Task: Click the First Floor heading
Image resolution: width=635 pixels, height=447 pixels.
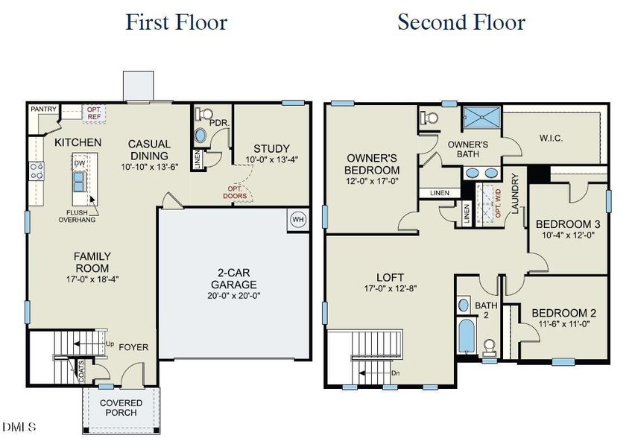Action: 176,22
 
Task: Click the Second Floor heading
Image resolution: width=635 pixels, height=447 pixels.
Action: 461,22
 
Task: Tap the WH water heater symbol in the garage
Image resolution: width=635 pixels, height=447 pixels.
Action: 298,221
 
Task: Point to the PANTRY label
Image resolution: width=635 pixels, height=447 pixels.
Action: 44,110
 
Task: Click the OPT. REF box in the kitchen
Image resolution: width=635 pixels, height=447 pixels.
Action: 95,113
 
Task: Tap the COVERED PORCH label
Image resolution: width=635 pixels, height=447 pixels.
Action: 121,408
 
